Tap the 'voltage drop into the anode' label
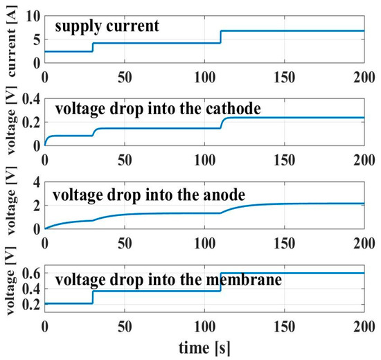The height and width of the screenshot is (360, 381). [x=145, y=190]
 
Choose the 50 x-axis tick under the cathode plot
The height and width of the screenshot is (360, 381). [x=125, y=156]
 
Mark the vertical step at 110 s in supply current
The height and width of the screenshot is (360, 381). [x=220, y=37]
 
